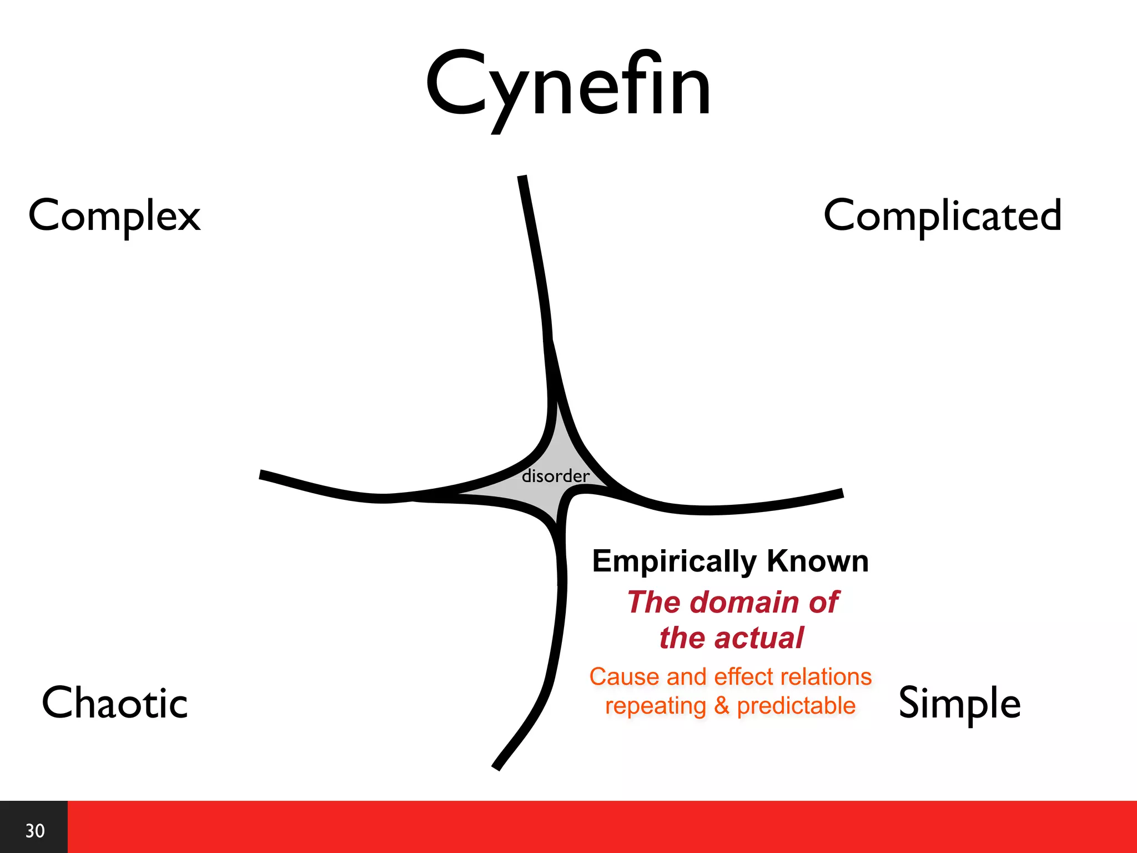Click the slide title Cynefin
568,86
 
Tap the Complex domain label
114,216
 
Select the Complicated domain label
942,216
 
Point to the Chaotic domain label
114,703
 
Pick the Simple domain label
959,703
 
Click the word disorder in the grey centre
555,476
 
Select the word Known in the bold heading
817,561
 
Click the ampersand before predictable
721,706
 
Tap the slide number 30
34,831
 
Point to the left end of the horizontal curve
262,474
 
